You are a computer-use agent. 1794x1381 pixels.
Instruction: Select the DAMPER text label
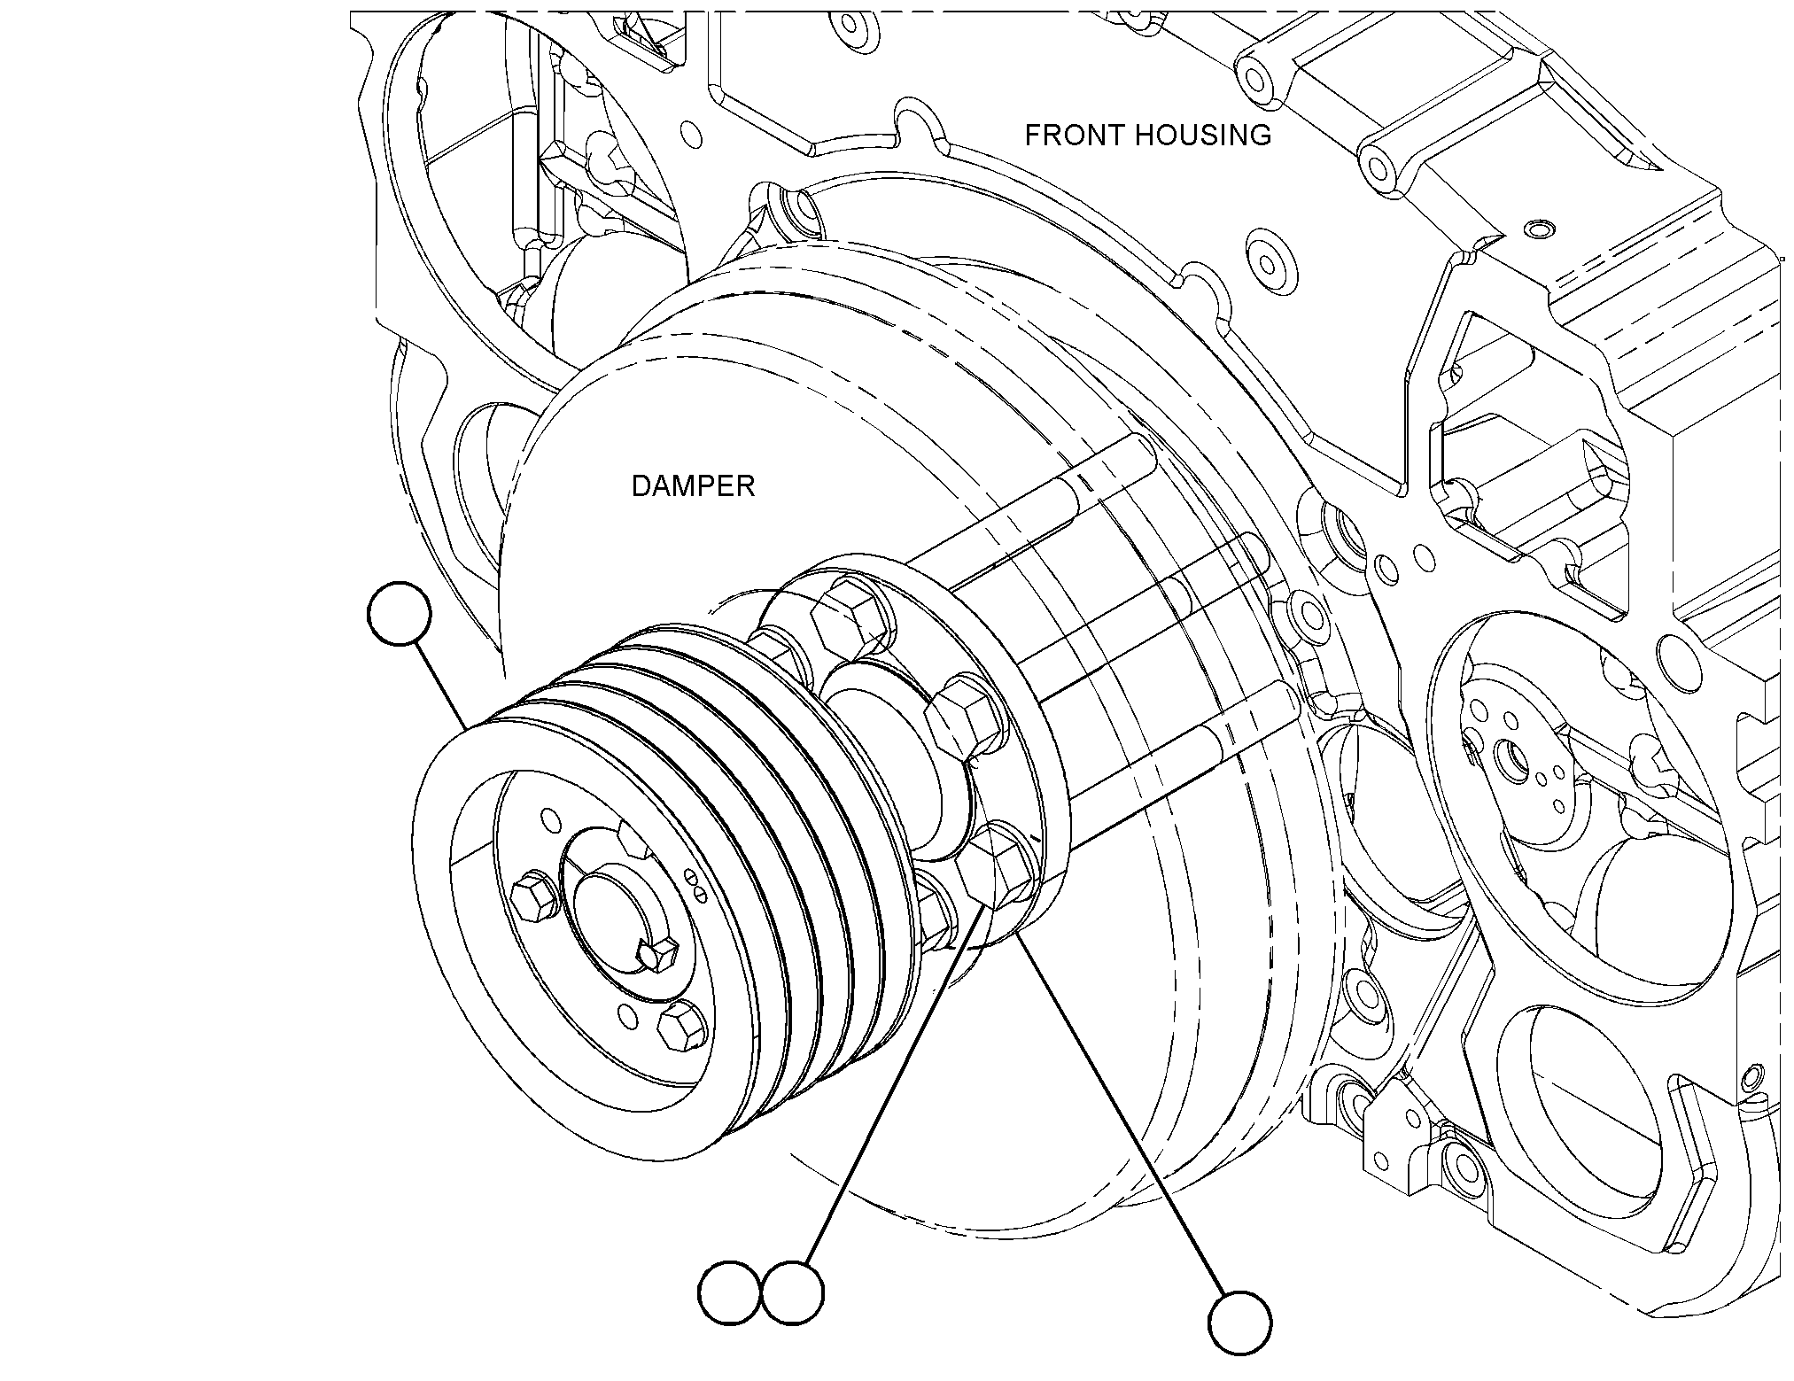point(693,485)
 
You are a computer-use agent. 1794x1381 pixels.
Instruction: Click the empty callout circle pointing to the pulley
point(399,614)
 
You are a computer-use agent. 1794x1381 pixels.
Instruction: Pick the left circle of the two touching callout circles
point(731,1294)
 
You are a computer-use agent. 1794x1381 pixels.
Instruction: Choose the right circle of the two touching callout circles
point(793,1294)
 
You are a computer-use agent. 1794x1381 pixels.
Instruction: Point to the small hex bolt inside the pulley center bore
point(658,953)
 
